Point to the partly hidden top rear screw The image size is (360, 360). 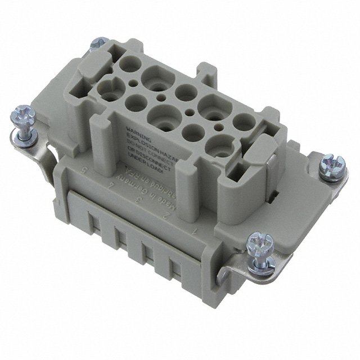(100, 43)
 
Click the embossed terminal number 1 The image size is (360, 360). (193, 230)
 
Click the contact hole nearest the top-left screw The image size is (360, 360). (130, 64)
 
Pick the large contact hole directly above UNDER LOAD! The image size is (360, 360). (220, 147)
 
